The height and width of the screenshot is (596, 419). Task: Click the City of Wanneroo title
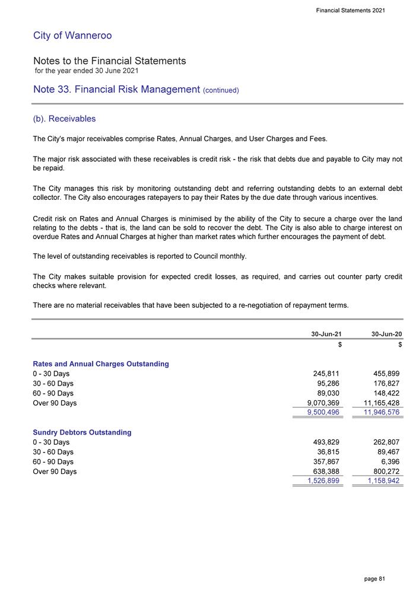(72, 36)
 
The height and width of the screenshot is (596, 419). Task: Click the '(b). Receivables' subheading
(65, 119)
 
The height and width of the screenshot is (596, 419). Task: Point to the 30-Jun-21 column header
(326, 334)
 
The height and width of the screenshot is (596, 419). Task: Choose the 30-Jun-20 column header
(386, 334)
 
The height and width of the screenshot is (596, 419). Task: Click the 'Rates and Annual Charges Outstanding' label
(101, 364)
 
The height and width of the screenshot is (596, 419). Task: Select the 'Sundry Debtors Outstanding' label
(82, 432)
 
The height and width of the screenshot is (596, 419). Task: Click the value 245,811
(326, 374)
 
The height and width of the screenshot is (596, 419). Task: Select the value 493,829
(326, 442)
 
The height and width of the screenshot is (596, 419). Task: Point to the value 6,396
(392, 462)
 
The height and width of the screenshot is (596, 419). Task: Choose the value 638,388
(326, 471)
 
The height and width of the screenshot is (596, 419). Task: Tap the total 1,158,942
(380, 481)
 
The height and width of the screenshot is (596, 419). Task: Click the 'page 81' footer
(374, 578)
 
